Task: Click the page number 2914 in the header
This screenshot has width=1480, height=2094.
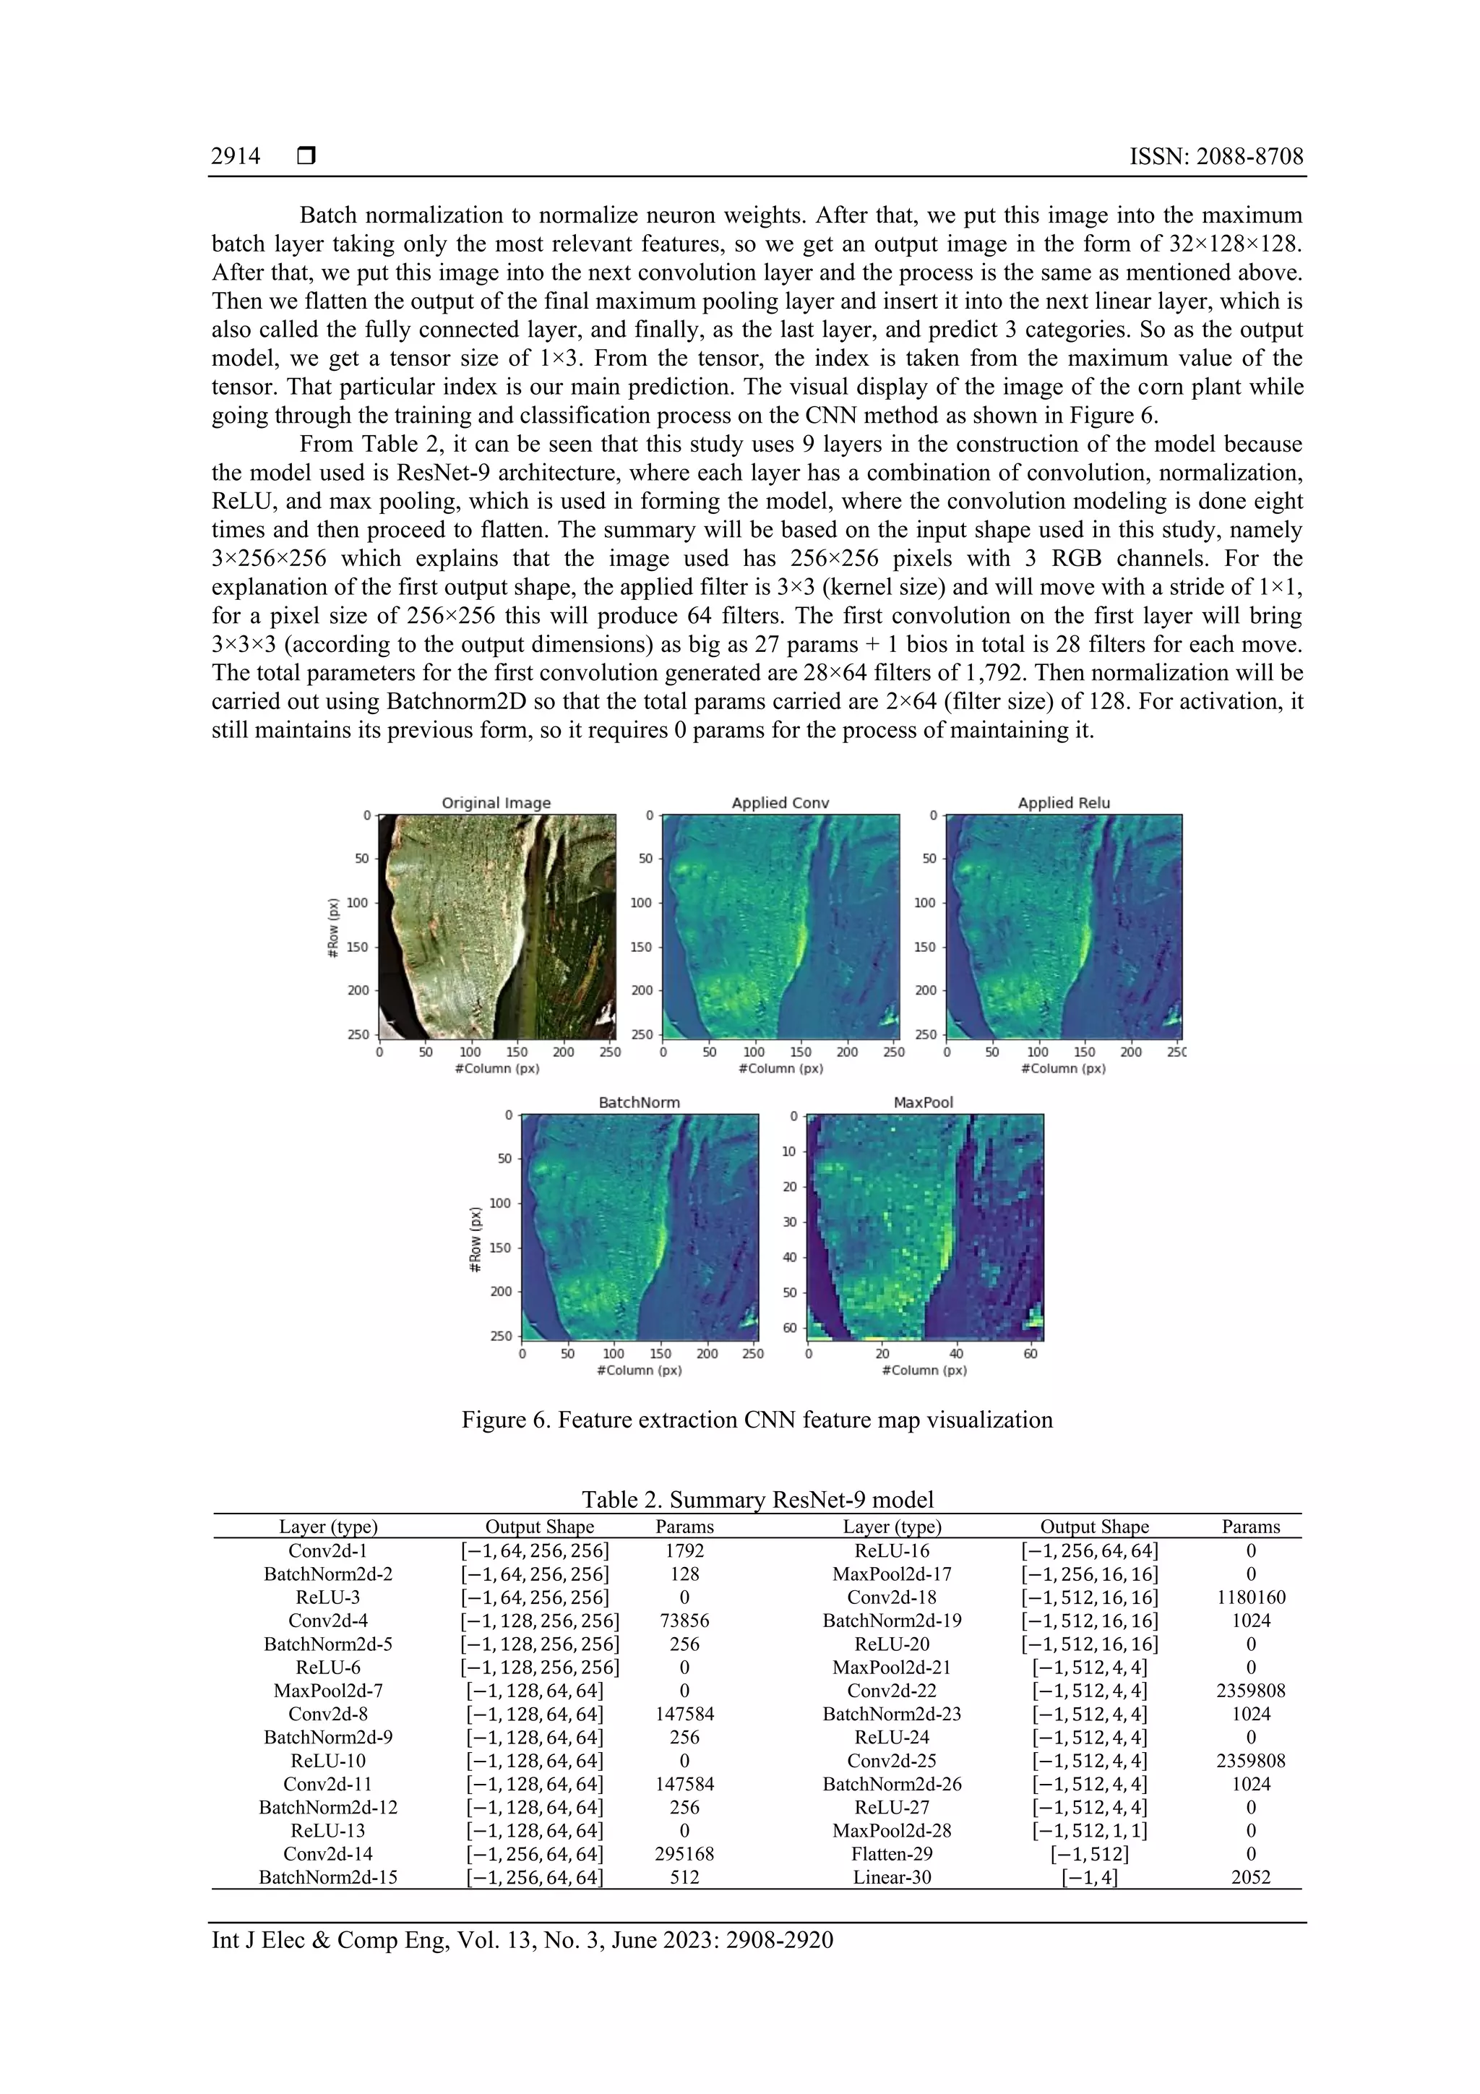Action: tap(236, 157)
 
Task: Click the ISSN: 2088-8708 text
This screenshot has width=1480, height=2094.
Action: tap(1216, 157)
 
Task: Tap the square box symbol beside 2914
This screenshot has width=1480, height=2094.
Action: tap(306, 157)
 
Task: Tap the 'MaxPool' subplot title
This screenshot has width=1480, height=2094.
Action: tap(923, 1102)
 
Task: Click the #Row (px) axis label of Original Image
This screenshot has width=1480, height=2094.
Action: tap(333, 927)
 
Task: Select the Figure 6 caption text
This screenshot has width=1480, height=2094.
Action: tap(757, 1420)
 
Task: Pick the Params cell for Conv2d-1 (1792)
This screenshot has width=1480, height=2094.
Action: tap(684, 1550)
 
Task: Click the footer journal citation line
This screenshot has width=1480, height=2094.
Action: tap(522, 1940)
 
